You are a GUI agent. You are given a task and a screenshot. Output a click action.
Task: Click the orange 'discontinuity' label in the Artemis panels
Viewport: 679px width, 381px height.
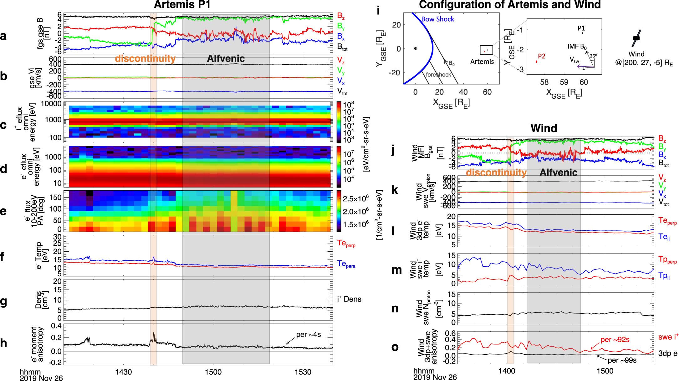(x=145, y=58)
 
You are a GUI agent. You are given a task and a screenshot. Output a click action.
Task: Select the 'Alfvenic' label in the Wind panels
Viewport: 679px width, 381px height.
(x=558, y=172)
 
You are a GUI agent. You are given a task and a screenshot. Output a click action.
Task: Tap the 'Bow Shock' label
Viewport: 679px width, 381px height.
(x=437, y=19)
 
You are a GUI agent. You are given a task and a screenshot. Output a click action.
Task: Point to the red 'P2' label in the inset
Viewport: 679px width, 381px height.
(x=542, y=56)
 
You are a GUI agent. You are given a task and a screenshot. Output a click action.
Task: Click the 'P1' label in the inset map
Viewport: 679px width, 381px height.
(x=581, y=28)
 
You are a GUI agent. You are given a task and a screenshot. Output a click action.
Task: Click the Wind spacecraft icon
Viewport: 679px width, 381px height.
(x=636, y=38)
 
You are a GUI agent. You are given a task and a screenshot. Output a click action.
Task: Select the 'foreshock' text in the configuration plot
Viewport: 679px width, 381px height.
(x=438, y=74)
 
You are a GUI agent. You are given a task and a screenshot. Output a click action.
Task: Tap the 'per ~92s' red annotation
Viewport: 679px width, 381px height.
(x=615, y=339)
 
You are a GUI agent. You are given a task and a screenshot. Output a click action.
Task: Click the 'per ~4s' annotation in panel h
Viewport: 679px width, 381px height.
(x=308, y=334)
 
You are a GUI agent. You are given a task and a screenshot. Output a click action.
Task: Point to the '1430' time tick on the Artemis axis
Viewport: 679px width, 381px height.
(x=124, y=372)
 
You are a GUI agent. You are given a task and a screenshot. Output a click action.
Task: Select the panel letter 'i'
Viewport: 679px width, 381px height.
(x=378, y=10)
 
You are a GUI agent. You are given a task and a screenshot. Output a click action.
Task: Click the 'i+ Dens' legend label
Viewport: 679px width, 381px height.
(x=349, y=299)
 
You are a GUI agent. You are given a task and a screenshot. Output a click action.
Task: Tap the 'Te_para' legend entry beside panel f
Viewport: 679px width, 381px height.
(x=346, y=264)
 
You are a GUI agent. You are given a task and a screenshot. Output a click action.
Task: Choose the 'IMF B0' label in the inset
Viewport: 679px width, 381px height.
(x=577, y=47)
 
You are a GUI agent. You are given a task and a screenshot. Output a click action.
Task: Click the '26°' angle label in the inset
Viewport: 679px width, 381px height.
(x=593, y=56)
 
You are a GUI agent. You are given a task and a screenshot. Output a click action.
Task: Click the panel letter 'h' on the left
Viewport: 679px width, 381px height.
(x=3, y=343)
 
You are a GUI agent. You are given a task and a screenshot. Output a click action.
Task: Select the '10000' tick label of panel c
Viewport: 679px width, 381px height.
(x=51, y=104)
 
